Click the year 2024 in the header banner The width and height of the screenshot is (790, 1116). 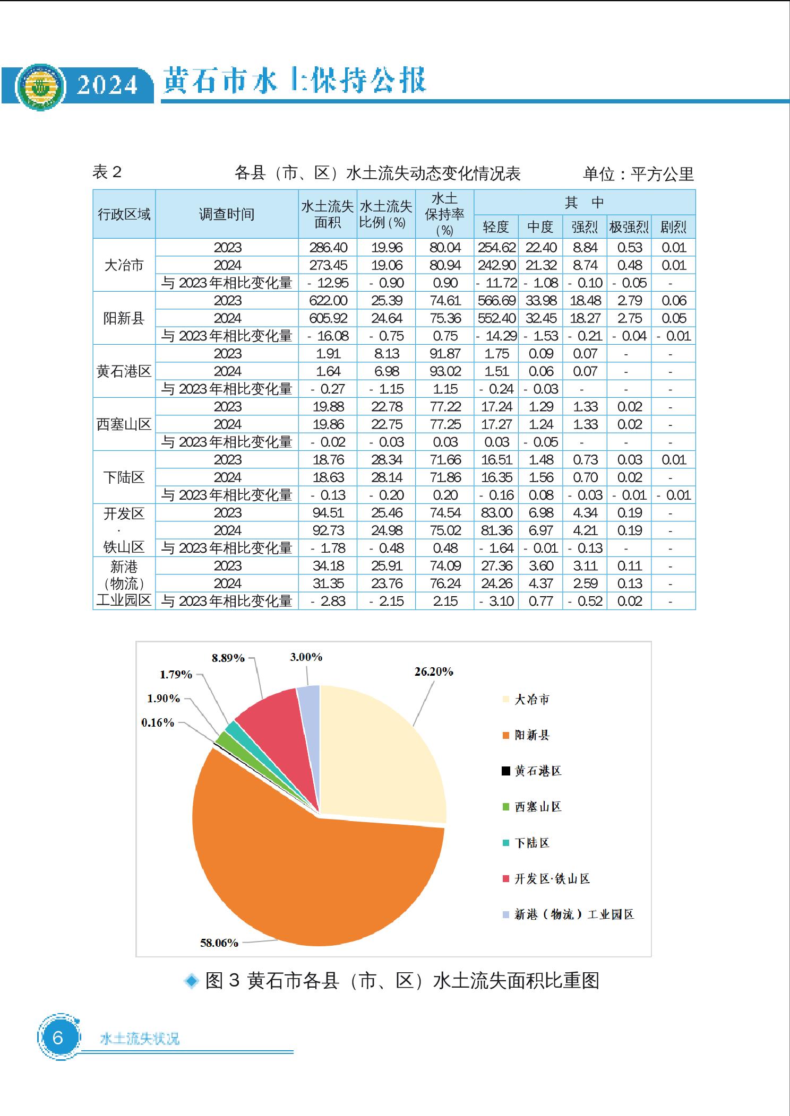click(x=108, y=85)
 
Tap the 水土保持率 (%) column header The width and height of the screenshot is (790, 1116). click(x=444, y=214)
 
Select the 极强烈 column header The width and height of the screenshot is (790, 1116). click(x=629, y=227)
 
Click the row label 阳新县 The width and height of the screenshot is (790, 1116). click(x=124, y=318)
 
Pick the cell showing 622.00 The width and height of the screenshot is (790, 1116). click(x=328, y=301)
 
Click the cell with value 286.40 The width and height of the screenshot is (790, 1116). click(x=328, y=248)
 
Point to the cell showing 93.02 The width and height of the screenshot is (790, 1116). click(x=445, y=371)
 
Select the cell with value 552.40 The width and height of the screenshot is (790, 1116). click(x=496, y=318)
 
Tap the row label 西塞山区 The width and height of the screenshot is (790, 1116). click(x=124, y=424)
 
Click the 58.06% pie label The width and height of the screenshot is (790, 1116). click(x=219, y=943)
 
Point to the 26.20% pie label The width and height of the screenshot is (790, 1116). click(x=434, y=672)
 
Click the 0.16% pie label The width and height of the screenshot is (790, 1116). click(x=158, y=722)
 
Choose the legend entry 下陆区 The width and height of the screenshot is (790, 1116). click(x=531, y=843)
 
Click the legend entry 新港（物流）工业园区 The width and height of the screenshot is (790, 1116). click(x=573, y=914)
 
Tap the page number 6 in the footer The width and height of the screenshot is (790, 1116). click(x=58, y=1036)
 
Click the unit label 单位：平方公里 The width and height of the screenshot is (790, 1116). click(x=638, y=173)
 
